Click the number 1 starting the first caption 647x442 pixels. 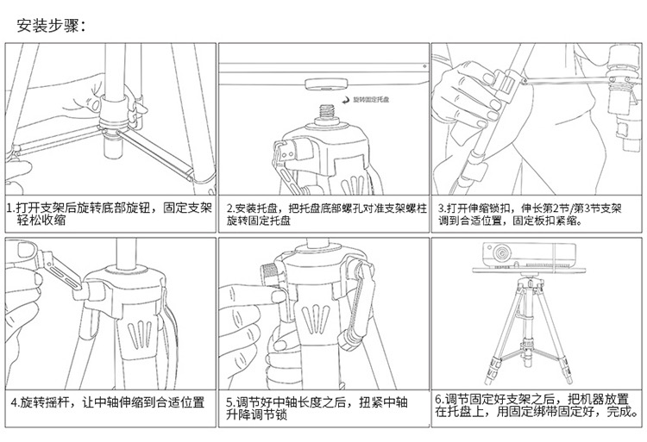(x=9, y=209)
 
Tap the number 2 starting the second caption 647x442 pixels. (x=229, y=209)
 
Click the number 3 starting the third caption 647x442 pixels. (x=441, y=209)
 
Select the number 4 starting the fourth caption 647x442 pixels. (x=13, y=402)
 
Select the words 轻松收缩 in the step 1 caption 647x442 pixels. (x=41, y=221)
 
